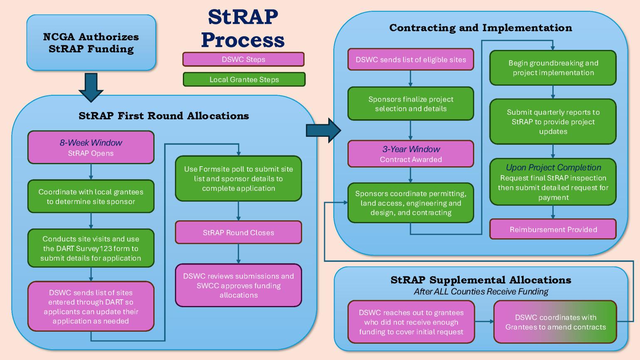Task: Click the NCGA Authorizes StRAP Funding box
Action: click(91, 43)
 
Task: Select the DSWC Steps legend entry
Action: click(243, 59)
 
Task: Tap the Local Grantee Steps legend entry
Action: click(244, 79)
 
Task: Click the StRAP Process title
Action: click(243, 28)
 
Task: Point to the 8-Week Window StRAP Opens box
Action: click(91, 148)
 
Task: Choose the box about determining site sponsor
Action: click(91, 197)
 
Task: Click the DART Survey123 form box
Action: click(91, 248)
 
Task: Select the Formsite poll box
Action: click(238, 179)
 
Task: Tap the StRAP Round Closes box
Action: click(238, 232)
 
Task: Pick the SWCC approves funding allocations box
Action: click(238, 286)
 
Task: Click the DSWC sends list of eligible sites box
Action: click(411, 60)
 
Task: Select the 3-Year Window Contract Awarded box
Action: click(411, 154)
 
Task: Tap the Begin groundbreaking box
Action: click(553, 68)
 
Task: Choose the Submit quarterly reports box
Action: click(553, 122)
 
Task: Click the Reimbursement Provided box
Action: click(553, 229)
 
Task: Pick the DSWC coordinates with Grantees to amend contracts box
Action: click(555, 322)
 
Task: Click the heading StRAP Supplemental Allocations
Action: click(481, 280)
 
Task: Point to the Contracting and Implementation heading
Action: click(480, 28)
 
